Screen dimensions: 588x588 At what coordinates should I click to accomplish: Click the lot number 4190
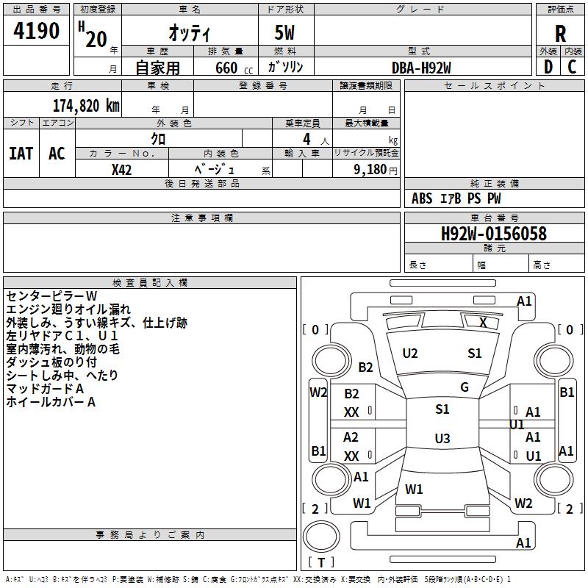tap(37, 31)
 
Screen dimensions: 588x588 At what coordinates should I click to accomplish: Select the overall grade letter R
tap(560, 33)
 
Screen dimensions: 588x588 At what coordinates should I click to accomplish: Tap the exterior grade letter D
tap(548, 66)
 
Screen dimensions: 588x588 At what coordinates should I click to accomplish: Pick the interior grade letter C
tap(572, 66)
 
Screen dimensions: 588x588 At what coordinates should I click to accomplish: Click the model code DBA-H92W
tap(421, 68)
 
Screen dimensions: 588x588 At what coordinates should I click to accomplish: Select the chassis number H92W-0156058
tap(493, 234)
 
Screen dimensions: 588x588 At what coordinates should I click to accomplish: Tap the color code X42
tap(122, 169)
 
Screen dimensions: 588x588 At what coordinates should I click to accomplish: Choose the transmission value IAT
tap(21, 154)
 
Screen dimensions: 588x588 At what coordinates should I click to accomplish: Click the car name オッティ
tap(189, 33)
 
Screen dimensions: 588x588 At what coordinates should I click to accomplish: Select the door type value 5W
tap(285, 33)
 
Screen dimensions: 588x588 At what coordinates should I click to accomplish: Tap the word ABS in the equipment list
tap(422, 198)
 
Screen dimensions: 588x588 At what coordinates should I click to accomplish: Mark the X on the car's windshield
tap(483, 322)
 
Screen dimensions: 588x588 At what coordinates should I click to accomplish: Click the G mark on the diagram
tap(465, 387)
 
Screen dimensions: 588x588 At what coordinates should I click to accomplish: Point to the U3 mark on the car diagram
tap(442, 439)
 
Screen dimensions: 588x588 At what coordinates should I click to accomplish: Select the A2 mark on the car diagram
tap(351, 437)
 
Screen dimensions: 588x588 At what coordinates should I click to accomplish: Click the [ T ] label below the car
tap(321, 562)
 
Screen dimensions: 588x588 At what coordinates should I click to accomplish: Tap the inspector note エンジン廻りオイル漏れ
tap(68, 309)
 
